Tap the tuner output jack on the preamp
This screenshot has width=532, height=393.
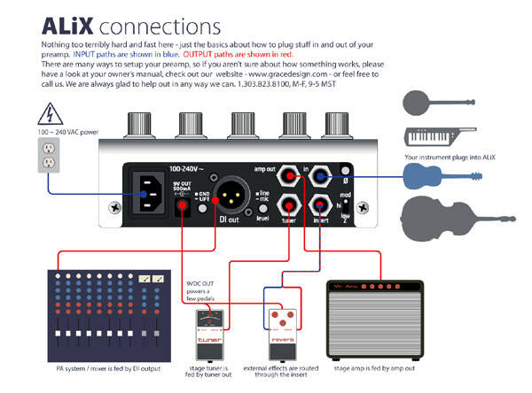pos(289,208)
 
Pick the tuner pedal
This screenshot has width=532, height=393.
pos(210,331)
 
